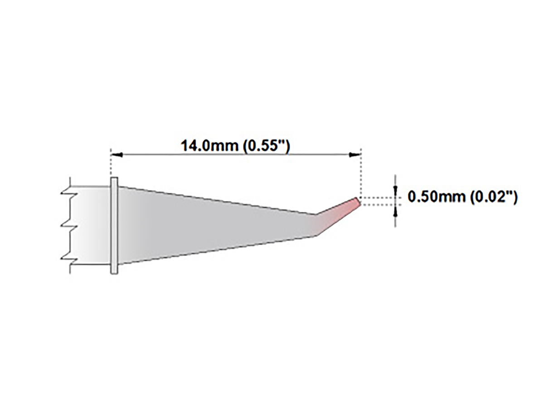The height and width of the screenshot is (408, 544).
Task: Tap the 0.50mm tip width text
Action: [x=437, y=197]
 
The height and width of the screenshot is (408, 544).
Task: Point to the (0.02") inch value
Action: [x=493, y=197]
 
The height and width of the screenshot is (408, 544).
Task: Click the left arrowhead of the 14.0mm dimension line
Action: [x=117, y=155]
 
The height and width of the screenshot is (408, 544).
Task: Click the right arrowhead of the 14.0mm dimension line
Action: [x=355, y=155]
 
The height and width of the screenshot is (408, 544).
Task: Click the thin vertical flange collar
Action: [x=114, y=225]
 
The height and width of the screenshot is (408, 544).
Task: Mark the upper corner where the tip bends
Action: [x=316, y=214]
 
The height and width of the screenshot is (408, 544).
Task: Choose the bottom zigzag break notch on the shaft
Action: [x=67, y=258]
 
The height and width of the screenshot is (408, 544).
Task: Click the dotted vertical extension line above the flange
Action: [x=111, y=165]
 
